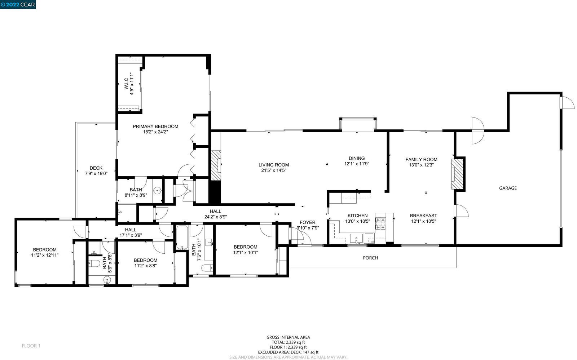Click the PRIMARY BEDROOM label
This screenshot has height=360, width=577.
coord(155,126)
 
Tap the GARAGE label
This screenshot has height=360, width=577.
coord(508,188)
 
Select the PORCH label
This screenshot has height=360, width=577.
coord(370,258)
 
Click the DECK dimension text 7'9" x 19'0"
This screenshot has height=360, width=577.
coord(96,174)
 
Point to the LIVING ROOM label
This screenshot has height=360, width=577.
coord(274,165)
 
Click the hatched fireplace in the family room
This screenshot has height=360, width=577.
coord(457,174)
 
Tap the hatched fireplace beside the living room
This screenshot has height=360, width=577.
coord(216,165)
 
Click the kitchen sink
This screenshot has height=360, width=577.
coord(356,239)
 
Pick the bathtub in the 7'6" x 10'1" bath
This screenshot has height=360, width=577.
coord(182,237)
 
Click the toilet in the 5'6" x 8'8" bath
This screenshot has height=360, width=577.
coord(94,263)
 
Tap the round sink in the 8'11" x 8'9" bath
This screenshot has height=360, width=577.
coord(157,191)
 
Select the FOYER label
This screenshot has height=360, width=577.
coord(307,222)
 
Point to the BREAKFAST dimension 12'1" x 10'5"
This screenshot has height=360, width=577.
coord(423,221)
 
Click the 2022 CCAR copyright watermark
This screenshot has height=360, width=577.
coord(18,4)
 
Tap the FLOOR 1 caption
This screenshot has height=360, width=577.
coord(31,346)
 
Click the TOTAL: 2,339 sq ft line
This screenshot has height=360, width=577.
coord(288,342)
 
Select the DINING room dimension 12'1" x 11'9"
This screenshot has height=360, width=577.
coord(357,164)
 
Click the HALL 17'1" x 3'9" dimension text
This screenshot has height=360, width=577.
coord(131,235)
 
